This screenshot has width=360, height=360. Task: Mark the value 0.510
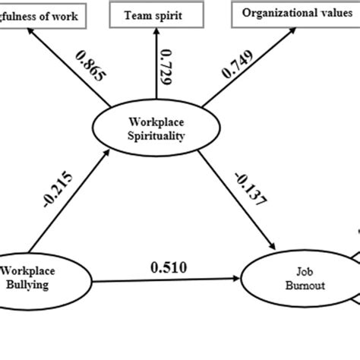point(169,267)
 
